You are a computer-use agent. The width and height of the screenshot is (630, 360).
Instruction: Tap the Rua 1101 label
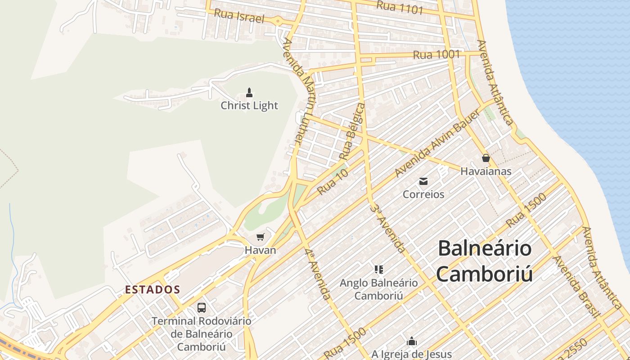click(x=399, y=7)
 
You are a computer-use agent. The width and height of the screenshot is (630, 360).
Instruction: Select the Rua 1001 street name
click(x=436, y=55)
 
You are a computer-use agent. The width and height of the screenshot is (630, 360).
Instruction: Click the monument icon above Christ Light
click(x=249, y=93)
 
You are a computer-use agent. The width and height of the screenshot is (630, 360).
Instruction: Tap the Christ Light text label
click(x=249, y=106)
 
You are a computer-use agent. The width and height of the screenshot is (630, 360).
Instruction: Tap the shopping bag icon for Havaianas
click(x=486, y=158)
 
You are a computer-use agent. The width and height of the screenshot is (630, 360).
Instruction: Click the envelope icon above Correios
click(x=423, y=181)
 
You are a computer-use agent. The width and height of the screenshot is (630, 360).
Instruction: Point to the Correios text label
click(x=423, y=194)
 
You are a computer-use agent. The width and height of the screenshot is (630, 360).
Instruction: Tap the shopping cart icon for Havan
click(x=260, y=237)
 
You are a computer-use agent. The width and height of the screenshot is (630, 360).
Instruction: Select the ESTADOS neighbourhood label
click(x=153, y=290)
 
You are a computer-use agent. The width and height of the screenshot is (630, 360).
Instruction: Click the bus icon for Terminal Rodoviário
click(x=202, y=308)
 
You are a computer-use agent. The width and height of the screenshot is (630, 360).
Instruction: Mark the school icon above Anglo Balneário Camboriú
click(x=378, y=270)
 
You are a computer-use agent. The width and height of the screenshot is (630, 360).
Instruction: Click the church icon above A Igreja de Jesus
click(x=411, y=342)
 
